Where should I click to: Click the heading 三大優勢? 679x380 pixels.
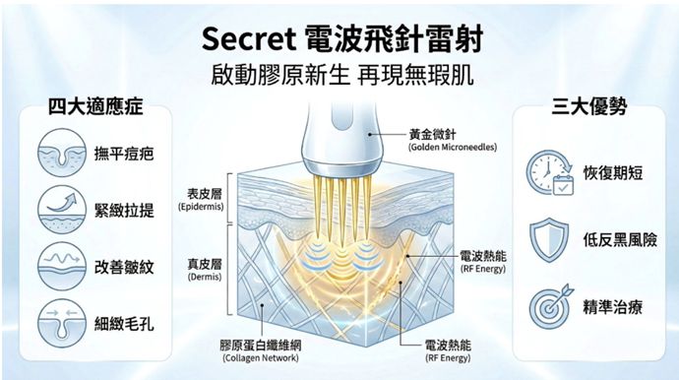(x=585, y=106)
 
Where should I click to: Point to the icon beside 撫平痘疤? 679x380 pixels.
(x=58, y=156)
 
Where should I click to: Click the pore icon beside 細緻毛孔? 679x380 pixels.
(x=58, y=322)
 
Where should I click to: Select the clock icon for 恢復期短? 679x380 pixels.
(x=548, y=173)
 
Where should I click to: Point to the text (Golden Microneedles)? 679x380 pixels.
(x=452, y=147)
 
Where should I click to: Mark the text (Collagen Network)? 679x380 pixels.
(x=261, y=358)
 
